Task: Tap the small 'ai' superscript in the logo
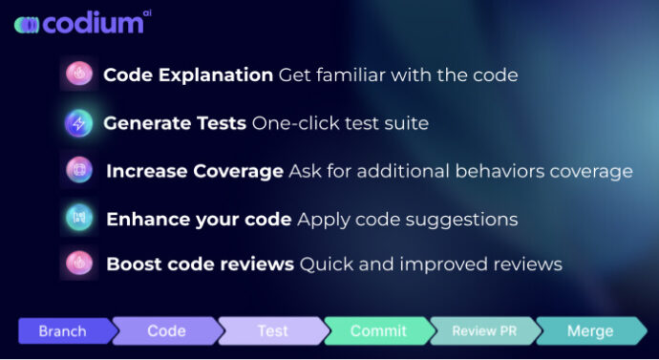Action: pyautogui.click(x=146, y=13)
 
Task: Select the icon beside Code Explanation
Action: pyautogui.click(x=78, y=74)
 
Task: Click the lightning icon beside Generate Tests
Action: pyautogui.click(x=78, y=122)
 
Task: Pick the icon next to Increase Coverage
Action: pyautogui.click(x=78, y=170)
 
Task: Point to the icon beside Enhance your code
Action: pyautogui.click(x=78, y=218)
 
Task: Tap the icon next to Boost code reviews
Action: pyautogui.click(x=78, y=263)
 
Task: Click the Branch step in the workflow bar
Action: pyautogui.click(x=62, y=331)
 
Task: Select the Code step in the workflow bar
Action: pyautogui.click(x=166, y=331)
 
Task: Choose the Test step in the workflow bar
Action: pyautogui.click(x=272, y=331)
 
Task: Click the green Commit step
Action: pyautogui.click(x=378, y=331)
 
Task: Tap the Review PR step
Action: pyautogui.click(x=484, y=331)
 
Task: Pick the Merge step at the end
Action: pyautogui.click(x=590, y=331)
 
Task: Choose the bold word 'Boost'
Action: pyautogui.click(x=133, y=264)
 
